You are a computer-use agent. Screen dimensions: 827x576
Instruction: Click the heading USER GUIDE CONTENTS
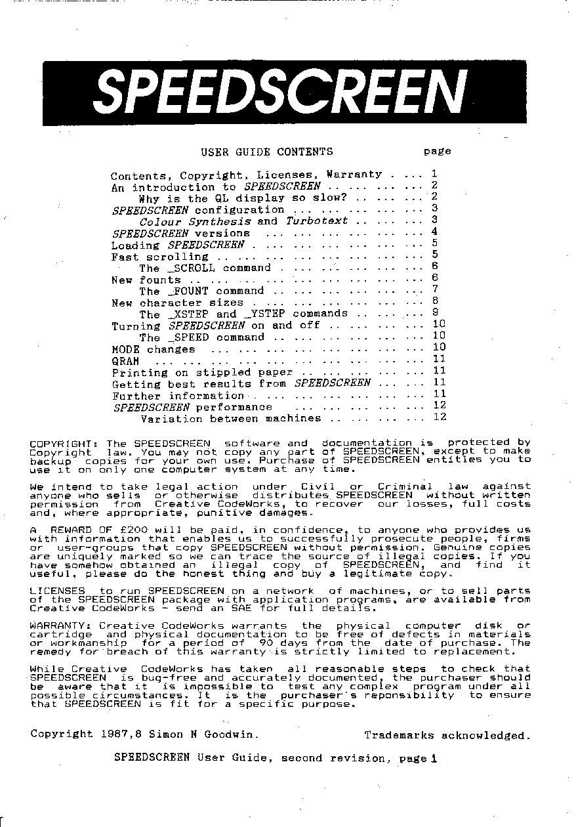click(x=266, y=152)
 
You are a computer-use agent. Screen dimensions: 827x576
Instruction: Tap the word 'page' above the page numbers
click(x=437, y=152)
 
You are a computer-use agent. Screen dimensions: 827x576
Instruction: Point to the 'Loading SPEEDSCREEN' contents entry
click(x=178, y=245)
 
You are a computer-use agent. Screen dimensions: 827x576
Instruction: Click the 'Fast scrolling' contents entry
click(x=159, y=257)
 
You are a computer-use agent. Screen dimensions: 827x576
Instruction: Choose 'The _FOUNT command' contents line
click(x=201, y=291)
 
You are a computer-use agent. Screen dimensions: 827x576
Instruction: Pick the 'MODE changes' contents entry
click(x=154, y=349)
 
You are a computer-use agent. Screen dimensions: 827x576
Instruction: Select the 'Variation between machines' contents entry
click(x=231, y=419)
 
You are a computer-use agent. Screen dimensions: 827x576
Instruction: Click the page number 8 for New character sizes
click(x=435, y=301)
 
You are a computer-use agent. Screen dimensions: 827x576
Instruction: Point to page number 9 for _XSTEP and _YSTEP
click(x=435, y=313)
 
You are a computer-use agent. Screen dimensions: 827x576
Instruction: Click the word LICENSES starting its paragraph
click(x=58, y=591)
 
